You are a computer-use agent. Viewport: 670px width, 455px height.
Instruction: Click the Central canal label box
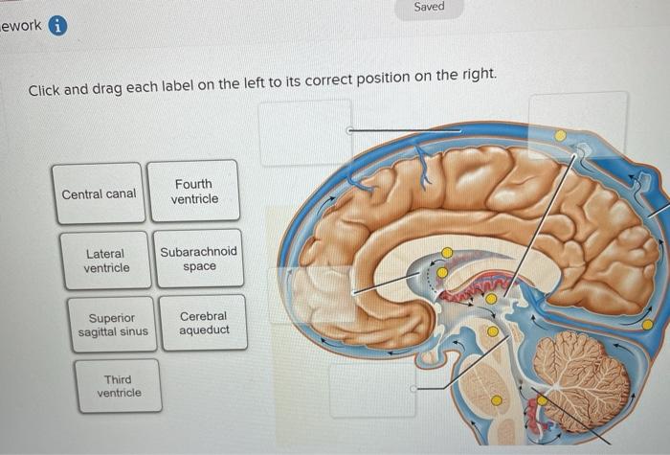coord(100,193)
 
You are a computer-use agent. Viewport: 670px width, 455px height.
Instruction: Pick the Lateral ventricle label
coord(106,261)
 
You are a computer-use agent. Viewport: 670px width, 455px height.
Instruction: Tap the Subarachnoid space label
coord(199,259)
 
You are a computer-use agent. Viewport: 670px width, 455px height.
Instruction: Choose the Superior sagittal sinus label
coord(113,325)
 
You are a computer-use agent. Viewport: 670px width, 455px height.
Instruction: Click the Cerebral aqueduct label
coord(203,323)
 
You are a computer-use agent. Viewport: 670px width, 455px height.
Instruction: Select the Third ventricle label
coord(119,386)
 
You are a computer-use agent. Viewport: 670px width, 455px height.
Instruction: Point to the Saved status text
coord(429,7)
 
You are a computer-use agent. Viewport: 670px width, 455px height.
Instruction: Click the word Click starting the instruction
coord(44,91)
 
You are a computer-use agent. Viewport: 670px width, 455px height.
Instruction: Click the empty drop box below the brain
coord(372,390)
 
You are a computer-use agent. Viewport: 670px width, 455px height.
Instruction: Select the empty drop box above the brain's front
coord(305,132)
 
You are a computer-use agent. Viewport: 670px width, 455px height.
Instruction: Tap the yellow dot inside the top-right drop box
coord(561,135)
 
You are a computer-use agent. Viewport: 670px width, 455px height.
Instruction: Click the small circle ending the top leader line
coord(350,130)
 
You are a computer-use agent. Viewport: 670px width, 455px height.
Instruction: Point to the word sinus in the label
coord(136,332)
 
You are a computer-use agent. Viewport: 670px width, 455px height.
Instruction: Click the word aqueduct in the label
coord(203,330)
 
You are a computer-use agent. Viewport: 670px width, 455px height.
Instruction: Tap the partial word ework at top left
coord(21,26)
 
